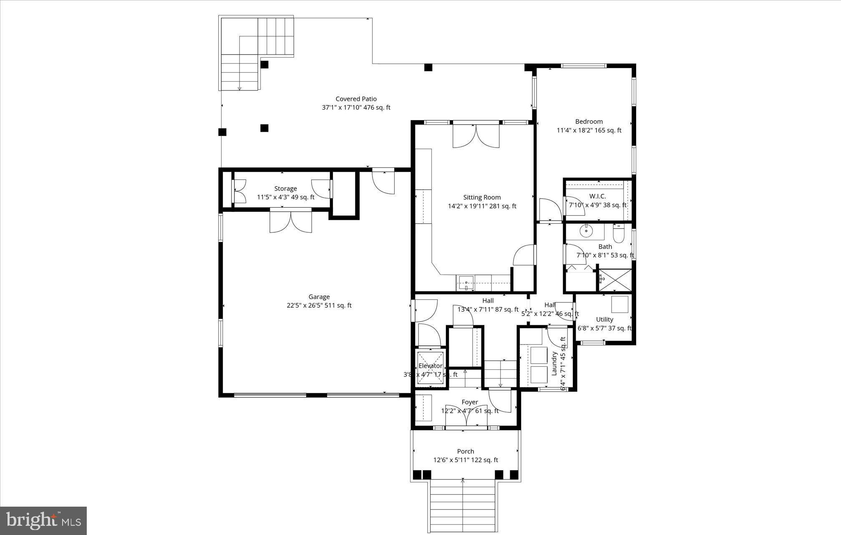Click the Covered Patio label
click(356, 99)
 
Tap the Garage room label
click(319, 297)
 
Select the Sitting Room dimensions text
click(482, 206)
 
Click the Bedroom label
click(589, 122)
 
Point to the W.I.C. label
click(597, 196)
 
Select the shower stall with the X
click(615, 281)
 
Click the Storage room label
click(285, 189)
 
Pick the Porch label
click(466, 452)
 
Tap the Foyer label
click(470, 402)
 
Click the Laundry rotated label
click(554, 364)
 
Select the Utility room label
click(604, 320)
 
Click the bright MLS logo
click(43, 520)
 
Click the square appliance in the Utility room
click(619, 304)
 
